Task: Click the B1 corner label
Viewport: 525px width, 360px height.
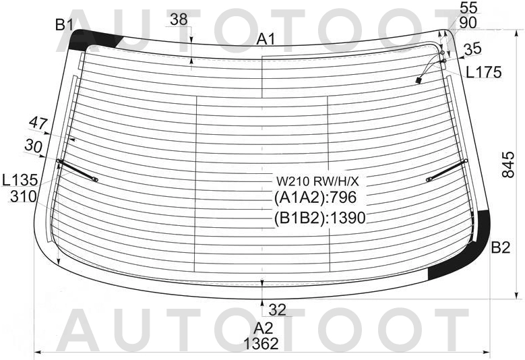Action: (64, 25)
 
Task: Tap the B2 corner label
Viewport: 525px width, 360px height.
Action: (501, 247)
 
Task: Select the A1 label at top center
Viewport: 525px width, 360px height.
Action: (266, 40)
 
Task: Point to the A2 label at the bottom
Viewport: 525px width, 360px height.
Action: (264, 328)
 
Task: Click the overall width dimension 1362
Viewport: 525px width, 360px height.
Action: (261, 344)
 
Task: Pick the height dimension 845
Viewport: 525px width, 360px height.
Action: (508, 164)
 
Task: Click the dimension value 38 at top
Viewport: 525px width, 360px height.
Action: (179, 20)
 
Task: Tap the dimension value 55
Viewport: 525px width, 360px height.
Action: (469, 7)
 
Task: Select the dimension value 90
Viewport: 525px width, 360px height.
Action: (468, 23)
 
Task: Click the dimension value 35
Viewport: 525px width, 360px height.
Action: (472, 49)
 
